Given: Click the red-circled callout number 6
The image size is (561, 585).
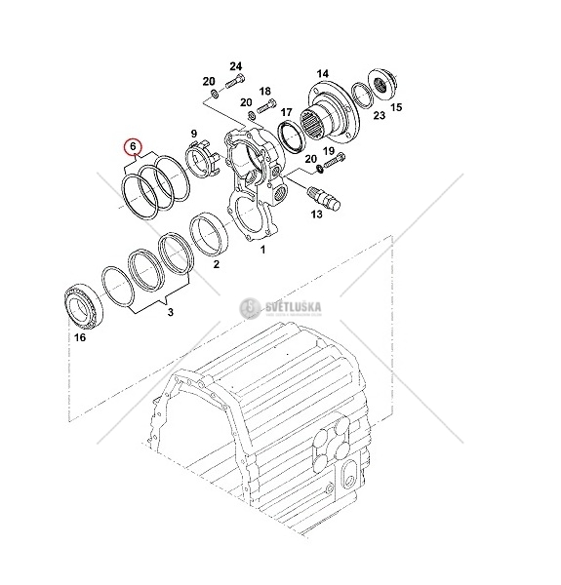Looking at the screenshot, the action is [133, 146].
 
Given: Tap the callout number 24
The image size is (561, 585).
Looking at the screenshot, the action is [235, 66].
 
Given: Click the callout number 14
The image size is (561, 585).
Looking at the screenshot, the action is [323, 74].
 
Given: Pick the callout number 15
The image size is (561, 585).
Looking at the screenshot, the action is [396, 107].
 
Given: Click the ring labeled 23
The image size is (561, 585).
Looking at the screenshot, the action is [362, 96].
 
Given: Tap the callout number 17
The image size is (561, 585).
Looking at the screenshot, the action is [286, 112].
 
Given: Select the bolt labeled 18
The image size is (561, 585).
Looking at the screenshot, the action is [266, 104].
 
